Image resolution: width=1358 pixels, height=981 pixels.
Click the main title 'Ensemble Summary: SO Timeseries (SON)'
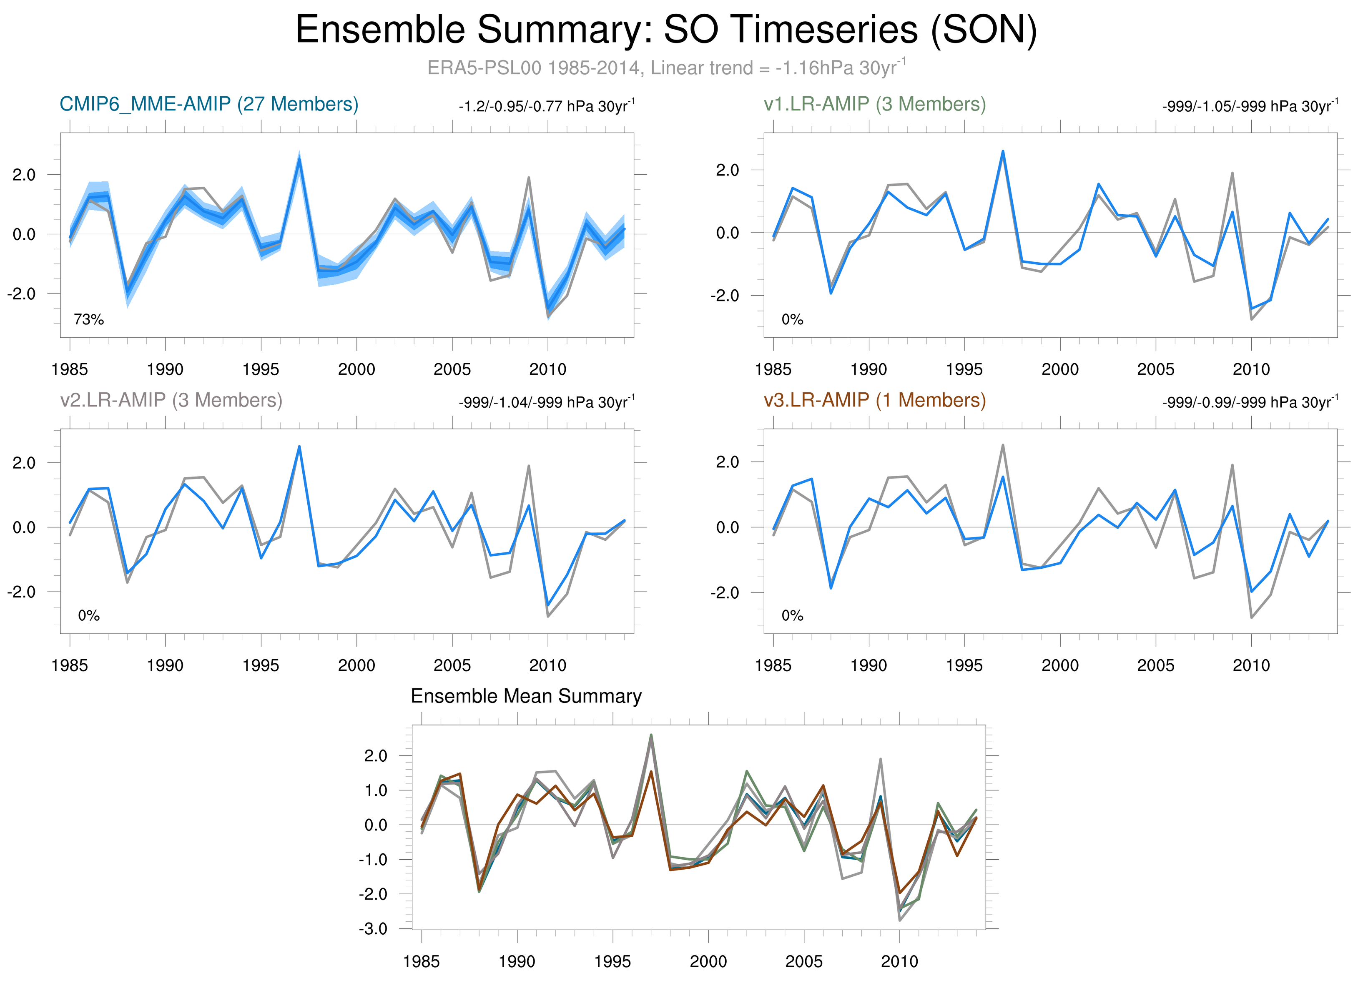coord(666,30)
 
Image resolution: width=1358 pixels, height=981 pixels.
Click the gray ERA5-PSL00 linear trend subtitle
coord(666,68)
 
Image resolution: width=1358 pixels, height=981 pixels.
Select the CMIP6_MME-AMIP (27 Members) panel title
coord(209,104)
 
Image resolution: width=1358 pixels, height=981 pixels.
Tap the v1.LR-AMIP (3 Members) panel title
coord(874,104)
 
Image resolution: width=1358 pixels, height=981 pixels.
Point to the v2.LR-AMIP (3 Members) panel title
coord(171,400)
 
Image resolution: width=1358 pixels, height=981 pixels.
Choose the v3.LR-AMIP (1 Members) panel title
coord(874,400)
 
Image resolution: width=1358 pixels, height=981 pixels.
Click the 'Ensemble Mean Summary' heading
coord(526,696)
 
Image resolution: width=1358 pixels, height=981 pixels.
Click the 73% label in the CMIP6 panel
coord(89,320)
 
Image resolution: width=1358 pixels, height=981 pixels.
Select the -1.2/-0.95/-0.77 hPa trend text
coord(546,107)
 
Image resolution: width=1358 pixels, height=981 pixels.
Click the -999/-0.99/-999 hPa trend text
coord(1250,402)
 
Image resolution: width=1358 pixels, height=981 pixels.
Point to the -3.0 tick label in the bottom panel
coord(373,929)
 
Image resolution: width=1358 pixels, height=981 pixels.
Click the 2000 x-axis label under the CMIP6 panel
coord(356,369)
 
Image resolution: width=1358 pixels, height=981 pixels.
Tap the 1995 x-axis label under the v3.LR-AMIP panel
coord(964,665)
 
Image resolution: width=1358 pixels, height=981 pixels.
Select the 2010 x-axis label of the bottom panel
coord(899,961)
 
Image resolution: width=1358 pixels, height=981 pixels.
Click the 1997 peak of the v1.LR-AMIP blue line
coord(1002,151)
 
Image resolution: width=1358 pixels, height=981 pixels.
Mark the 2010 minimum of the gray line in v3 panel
coord(1251,617)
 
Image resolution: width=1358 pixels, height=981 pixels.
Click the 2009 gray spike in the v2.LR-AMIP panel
coord(529,466)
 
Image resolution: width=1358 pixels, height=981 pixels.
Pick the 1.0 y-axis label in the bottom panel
coord(375,790)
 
